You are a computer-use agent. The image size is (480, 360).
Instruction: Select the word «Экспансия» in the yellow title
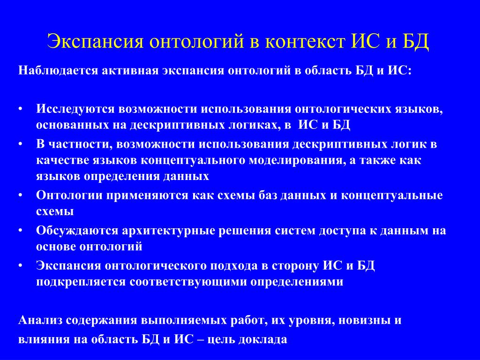(95, 42)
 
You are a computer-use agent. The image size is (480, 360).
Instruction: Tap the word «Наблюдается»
(58, 71)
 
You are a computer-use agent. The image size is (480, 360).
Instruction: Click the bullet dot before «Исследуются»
(20, 109)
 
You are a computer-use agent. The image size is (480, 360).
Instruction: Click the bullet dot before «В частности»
(20, 144)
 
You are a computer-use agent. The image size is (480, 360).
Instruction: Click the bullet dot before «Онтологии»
(20, 195)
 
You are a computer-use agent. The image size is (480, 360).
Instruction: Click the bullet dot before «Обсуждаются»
(20, 231)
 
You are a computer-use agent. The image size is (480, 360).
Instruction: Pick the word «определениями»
(297, 282)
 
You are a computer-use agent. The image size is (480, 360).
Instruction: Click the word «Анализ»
(40, 321)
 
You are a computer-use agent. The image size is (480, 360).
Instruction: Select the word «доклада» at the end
(262, 339)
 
